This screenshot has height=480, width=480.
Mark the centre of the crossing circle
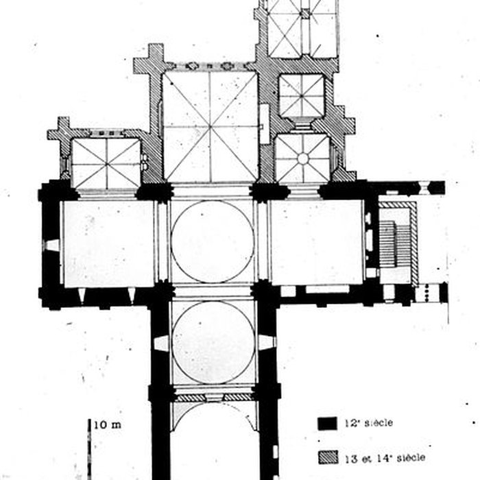coord(213,241)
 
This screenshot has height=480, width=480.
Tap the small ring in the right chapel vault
coord(302,158)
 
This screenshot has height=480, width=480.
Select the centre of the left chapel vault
coord(106,163)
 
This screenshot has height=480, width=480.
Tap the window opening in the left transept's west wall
coord(51,245)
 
